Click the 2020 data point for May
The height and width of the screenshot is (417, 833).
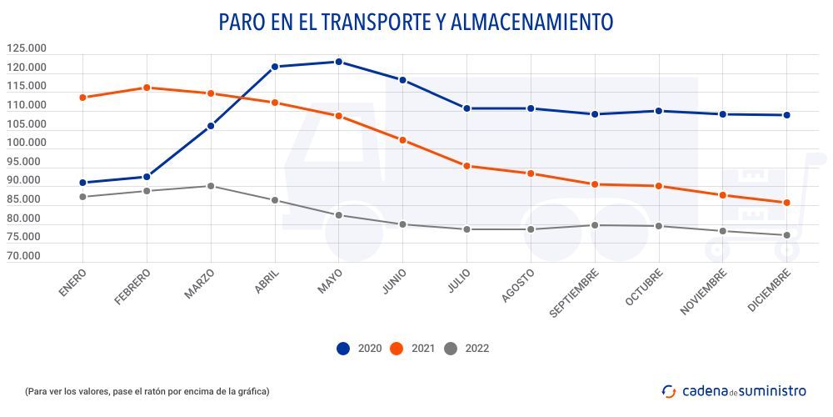338,62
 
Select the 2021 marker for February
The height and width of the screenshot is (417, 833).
147,88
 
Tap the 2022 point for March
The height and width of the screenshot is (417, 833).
211,186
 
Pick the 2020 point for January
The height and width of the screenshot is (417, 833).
82,183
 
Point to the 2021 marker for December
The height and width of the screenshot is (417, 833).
786,203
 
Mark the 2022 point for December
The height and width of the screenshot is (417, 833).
786,235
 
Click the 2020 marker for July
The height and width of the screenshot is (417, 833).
466,108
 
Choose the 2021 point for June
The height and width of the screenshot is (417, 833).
402,140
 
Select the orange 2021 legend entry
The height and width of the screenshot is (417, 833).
414,349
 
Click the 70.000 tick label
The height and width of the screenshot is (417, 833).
28,256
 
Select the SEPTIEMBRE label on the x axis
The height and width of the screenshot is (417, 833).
575,294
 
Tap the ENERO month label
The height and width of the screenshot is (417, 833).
72,283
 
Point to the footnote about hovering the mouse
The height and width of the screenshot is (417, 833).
147,391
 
